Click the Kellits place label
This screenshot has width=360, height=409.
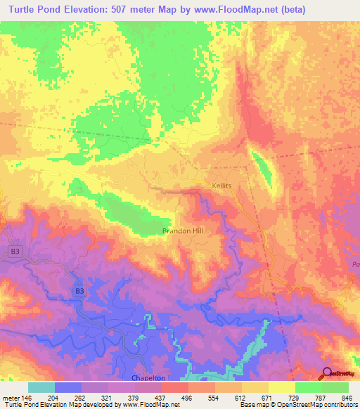coord(221,186)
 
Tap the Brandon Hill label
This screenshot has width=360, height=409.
coord(183,231)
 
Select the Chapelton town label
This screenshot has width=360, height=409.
coord(148,377)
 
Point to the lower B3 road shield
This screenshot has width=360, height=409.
coord(79,290)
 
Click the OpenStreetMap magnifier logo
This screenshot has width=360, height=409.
coord(328,373)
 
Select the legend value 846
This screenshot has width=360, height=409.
coord(345,398)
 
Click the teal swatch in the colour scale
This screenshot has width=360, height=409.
coord(41,387)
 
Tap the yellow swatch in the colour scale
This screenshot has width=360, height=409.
coord(281,387)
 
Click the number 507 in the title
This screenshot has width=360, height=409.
coord(124,9)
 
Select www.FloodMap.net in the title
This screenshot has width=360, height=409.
coord(250,9)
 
